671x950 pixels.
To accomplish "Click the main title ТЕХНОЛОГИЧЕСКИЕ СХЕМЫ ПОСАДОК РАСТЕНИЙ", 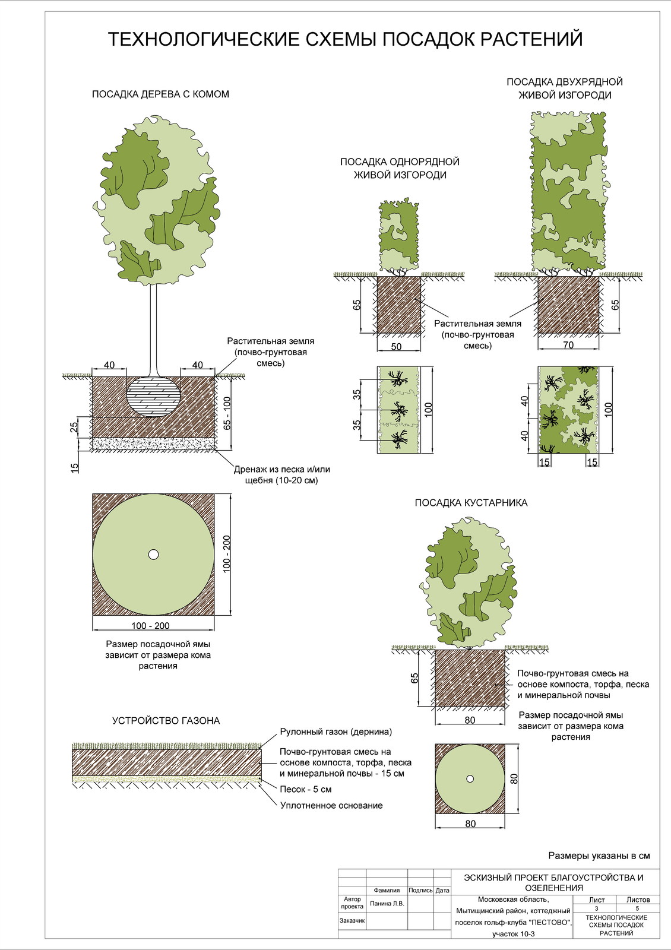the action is point(345,39).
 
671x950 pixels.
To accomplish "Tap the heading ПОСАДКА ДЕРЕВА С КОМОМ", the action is point(160,94).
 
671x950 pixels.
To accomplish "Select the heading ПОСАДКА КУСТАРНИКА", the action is point(471,502).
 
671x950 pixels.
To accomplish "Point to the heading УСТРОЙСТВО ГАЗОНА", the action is point(166,721).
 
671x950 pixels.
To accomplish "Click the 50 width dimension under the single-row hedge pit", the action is point(397,346).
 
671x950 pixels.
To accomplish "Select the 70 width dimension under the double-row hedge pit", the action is point(568,345).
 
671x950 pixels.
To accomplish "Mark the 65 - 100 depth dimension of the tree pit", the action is point(227,412).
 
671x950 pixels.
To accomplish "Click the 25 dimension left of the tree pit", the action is point(74,427).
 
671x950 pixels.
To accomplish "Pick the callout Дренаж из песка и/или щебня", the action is point(281,474).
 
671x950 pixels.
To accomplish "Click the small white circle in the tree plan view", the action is point(153,554).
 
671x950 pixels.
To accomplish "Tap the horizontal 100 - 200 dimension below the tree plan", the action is point(151,625).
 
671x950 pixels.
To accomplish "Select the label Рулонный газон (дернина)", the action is point(336,731).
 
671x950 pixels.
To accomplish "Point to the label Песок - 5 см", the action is point(306,789).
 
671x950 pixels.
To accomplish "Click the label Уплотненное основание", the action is point(331,806).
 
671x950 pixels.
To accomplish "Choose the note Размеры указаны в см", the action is point(599,856).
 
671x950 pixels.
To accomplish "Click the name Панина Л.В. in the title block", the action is point(387,903).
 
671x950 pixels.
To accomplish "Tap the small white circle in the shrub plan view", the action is point(470,778).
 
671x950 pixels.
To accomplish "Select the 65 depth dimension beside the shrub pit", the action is point(414,677).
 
